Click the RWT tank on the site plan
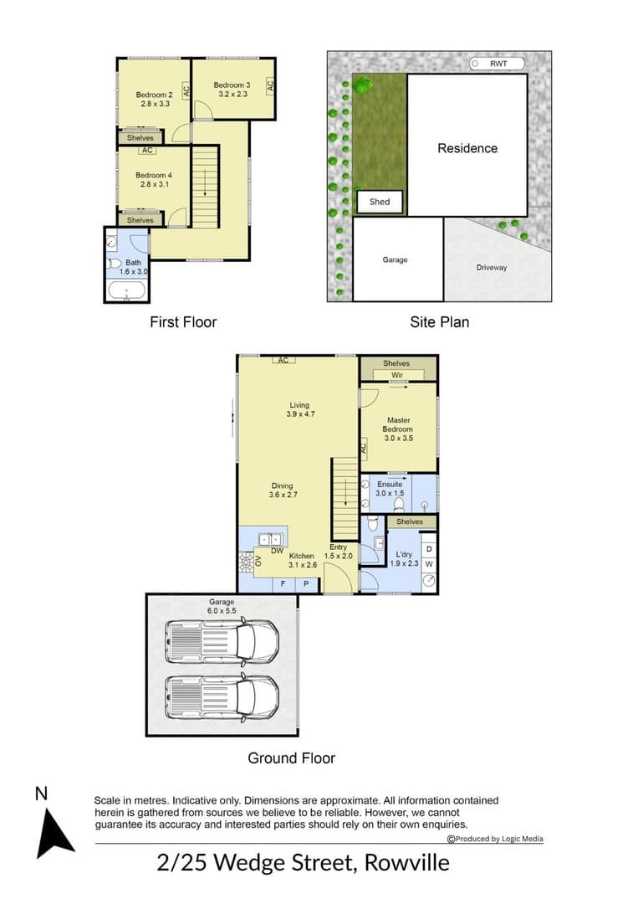497,64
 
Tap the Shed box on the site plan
380,202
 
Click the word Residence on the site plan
467,148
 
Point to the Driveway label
491,268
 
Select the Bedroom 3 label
232,85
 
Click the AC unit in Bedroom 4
147,151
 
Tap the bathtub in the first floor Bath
126,291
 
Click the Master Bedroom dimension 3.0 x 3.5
399,438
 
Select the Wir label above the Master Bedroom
396,375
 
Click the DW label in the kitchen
277,551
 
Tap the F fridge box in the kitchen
283,584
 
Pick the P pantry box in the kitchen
306,584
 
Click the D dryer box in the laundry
429,549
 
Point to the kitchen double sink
271,540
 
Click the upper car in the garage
222,640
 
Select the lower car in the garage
222,697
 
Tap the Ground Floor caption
291,758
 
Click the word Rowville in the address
407,863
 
